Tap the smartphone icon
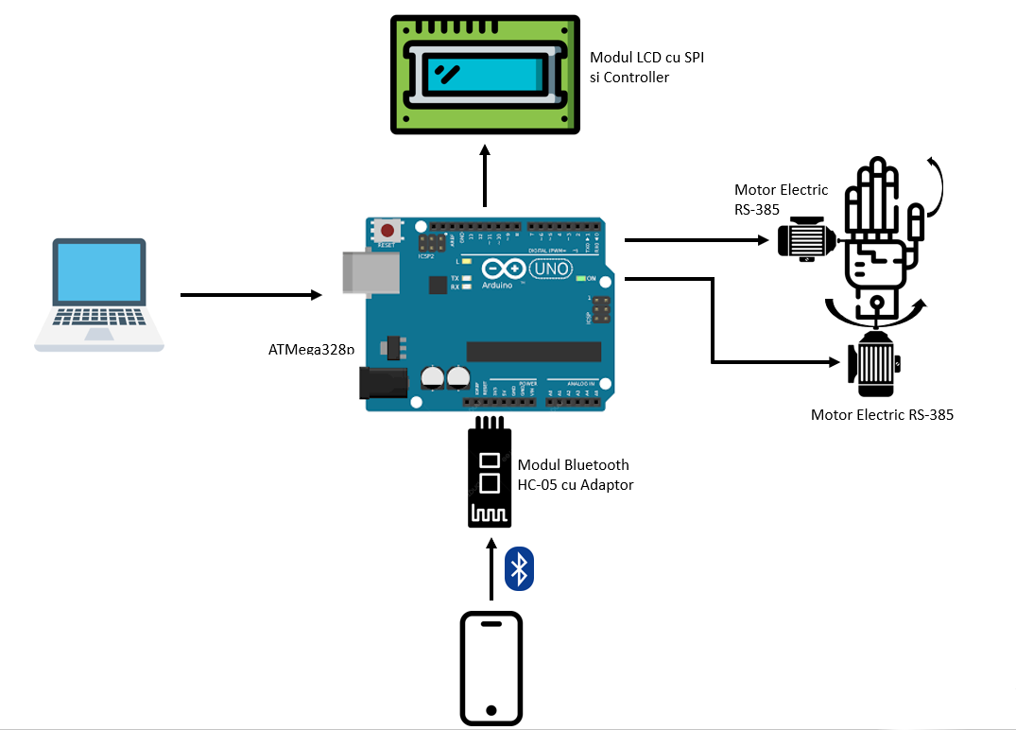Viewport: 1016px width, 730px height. (491, 668)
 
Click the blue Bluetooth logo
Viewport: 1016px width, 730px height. (519, 568)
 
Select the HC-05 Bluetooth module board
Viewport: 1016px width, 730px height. (491, 473)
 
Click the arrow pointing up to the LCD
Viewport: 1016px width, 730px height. (485, 176)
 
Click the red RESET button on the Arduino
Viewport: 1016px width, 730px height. (386, 230)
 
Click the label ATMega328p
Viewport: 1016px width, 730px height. (311, 350)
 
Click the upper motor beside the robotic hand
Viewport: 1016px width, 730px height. (804, 237)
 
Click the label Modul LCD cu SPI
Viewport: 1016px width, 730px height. (646, 59)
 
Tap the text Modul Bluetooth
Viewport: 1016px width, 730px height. (573, 464)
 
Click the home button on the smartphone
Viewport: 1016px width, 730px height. (491, 709)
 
